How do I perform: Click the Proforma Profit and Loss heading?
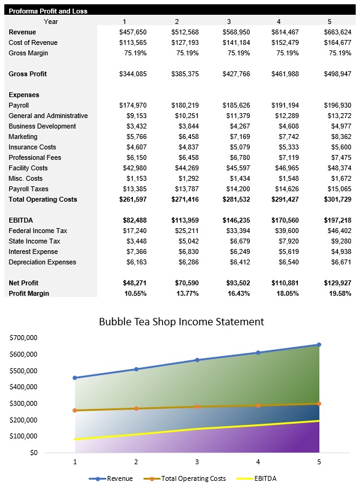click(48, 11)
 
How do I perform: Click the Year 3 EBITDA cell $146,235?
click(236, 220)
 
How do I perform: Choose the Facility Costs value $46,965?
click(285, 168)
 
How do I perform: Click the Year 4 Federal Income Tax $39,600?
click(285, 231)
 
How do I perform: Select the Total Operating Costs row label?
click(43, 199)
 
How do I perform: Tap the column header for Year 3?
click(229, 22)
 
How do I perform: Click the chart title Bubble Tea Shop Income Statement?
click(182, 322)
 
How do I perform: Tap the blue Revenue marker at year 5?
click(319, 345)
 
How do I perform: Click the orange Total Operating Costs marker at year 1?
click(75, 410)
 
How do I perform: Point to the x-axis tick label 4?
click(258, 461)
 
